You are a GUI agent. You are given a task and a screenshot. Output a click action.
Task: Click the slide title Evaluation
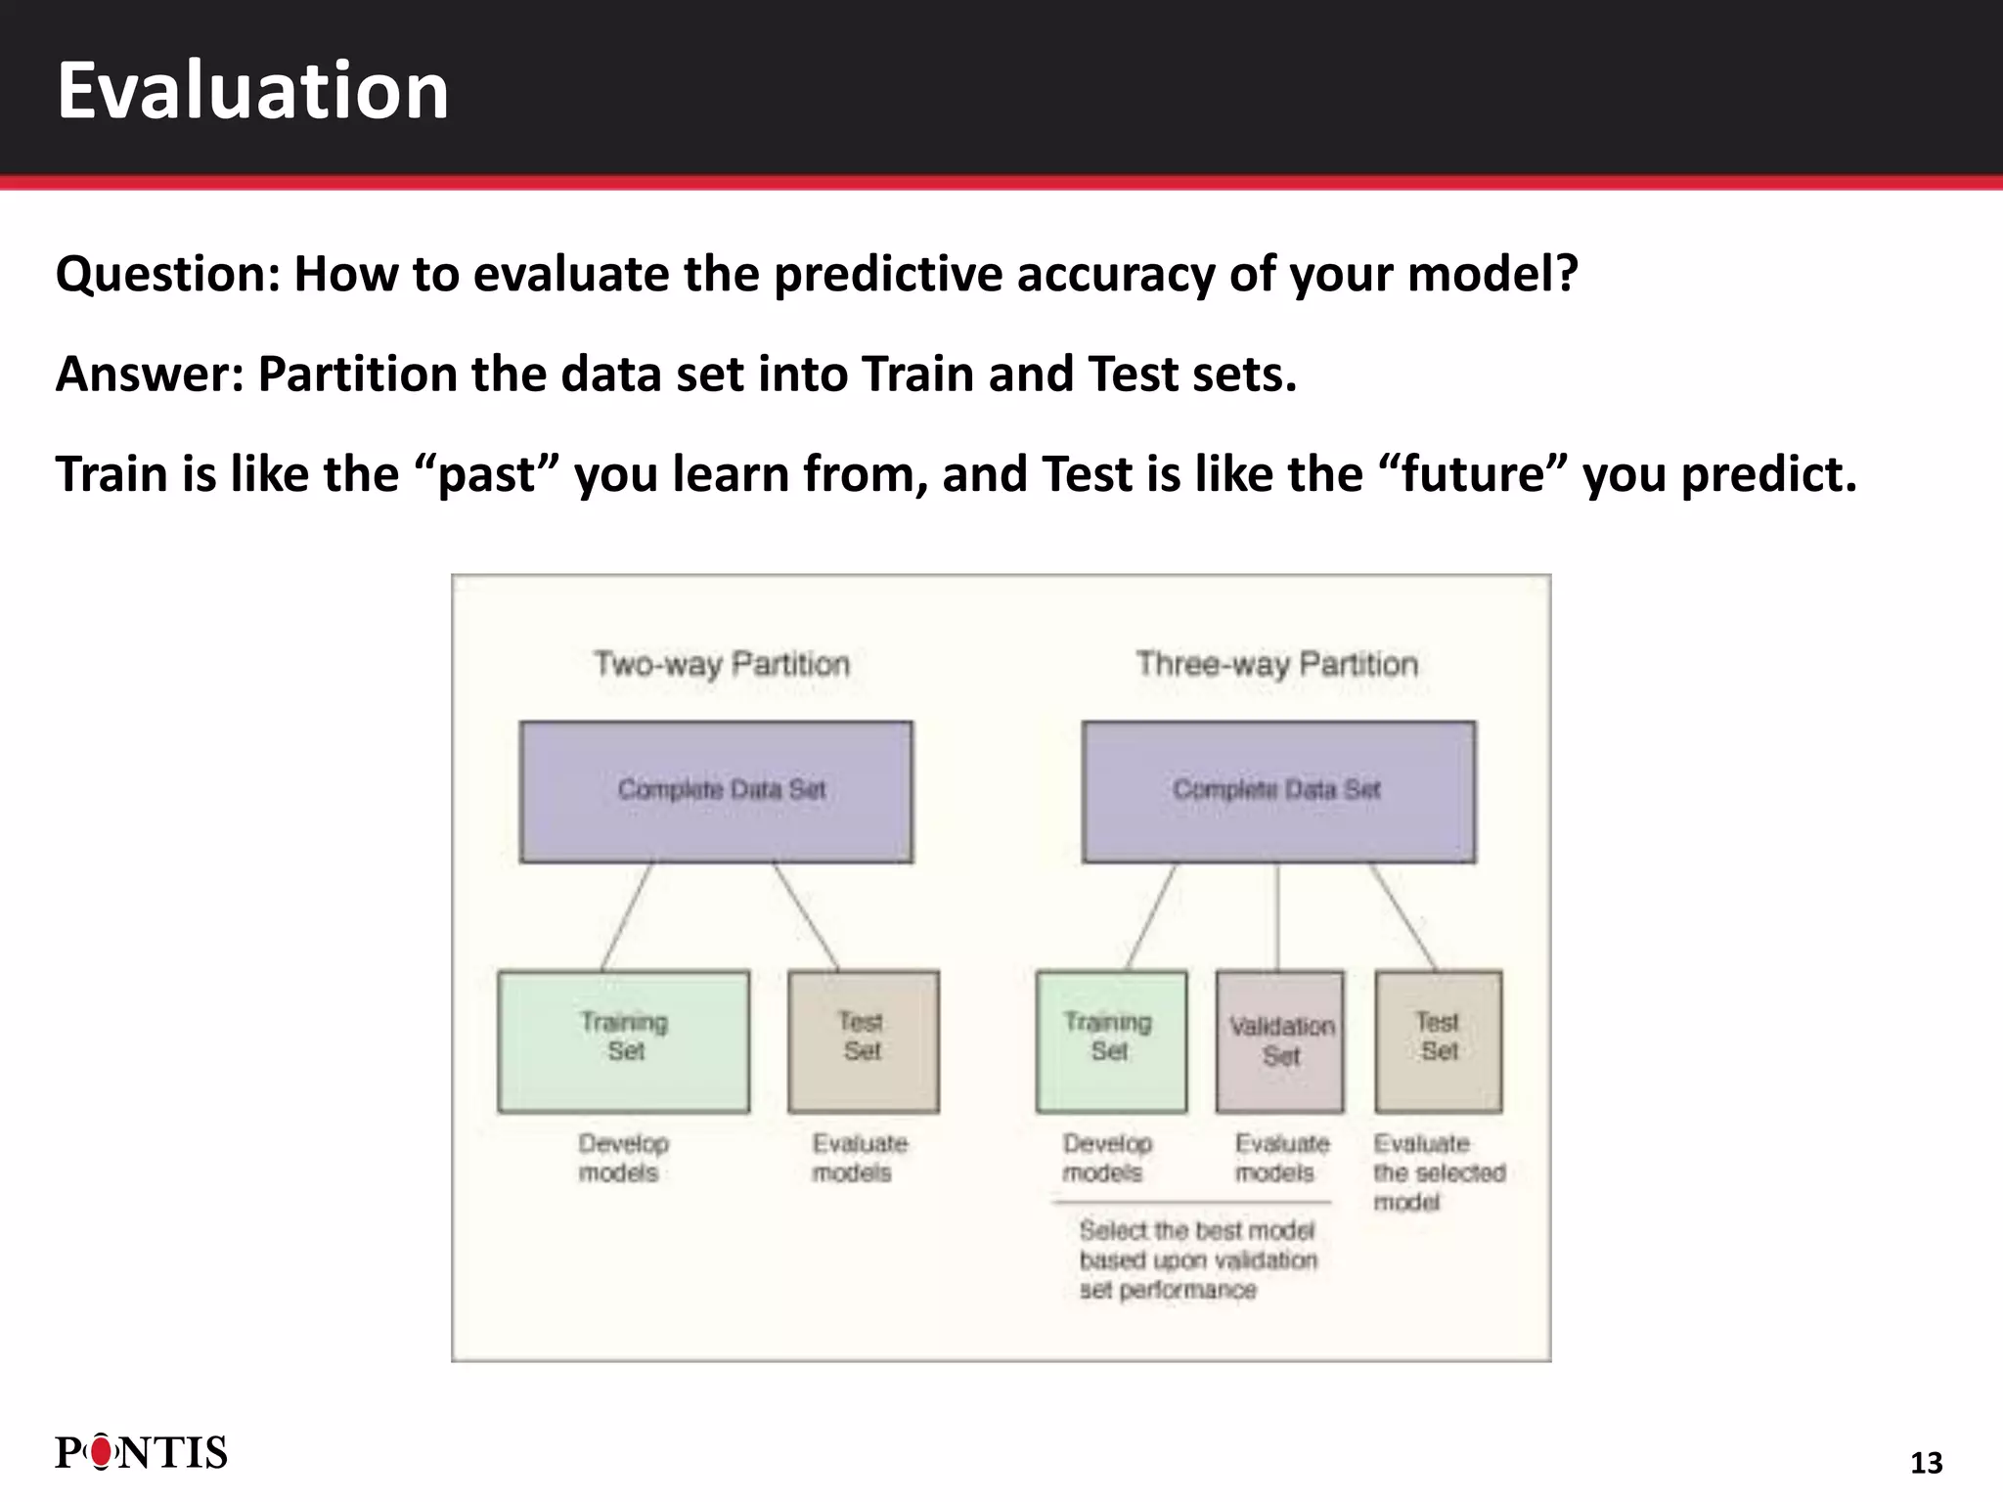click(x=252, y=90)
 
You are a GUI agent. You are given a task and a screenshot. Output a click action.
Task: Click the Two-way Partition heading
click(x=722, y=665)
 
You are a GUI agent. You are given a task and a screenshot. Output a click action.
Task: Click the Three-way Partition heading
click(x=1276, y=665)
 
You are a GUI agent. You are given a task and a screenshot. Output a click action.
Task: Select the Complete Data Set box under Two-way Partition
click(x=716, y=791)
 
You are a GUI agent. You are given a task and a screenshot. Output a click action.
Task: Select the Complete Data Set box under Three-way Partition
click(x=1278, y=791)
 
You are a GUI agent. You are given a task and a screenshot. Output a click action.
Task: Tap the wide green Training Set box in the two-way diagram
click(x=624, y=1040)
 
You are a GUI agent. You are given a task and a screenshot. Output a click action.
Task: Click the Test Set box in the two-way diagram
click(x=863, y=1040)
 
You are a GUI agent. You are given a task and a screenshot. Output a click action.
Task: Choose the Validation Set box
click(x=1279, y=1041)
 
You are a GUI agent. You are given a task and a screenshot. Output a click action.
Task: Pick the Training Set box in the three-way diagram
click(x=1111, y=1040)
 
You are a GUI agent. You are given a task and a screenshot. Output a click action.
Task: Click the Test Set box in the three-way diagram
click(x=1438, y=1040)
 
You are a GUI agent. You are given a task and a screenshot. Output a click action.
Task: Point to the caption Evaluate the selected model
click(x=1437, y=1171)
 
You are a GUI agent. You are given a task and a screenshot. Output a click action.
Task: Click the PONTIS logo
click(x=141, y=1453)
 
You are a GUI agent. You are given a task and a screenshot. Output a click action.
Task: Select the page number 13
click(x=1926, y=1463)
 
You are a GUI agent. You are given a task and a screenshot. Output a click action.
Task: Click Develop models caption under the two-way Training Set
click(x=622, y=1158)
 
